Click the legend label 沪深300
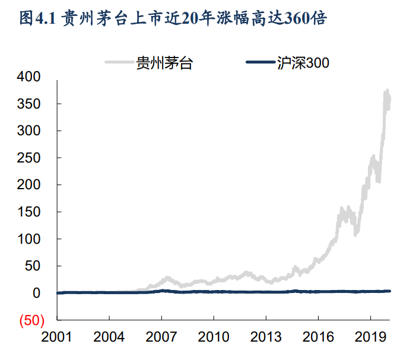pos(303,62)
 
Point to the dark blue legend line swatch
pos(259,62)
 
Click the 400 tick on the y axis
pos(28,77)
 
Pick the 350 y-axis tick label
pos(28,104)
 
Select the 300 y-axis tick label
pos(28,130)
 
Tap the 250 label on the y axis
pos(28,158)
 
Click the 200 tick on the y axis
pos(28,185)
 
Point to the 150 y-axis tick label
pos(28,212)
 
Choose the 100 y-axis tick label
pos(28,239)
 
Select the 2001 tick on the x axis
pos(56,337)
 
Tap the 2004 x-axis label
pos(109,337)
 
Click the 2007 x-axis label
pos(161,337)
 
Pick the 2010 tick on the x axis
pos(214,337)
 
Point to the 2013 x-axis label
pos(266,337)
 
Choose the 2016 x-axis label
pos(319,337)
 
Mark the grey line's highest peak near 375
pos(388,91)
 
